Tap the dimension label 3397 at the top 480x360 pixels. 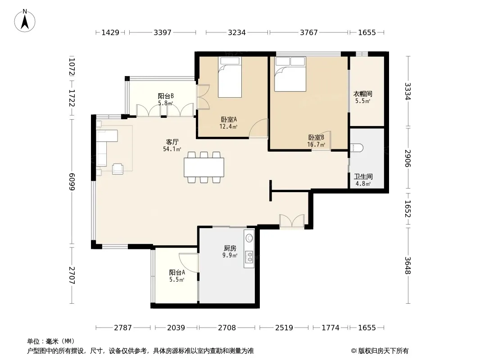tap(162, 32)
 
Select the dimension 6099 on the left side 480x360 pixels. tap(72, 182)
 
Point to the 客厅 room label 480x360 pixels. tap(172, 142)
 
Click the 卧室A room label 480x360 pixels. tap(229, 120)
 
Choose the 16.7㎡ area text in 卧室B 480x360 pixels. tap(316, 144)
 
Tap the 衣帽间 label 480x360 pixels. tap(363, 94)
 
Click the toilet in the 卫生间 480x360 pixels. tap(356, 148)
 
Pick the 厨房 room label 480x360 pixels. tap(230, 248)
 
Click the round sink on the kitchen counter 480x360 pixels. tap(249, 238)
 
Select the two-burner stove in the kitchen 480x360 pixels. tap(249, 257)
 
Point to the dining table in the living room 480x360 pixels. tap(204, 167)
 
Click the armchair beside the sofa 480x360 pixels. tap(118, 169)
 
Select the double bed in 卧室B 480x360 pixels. tap(290, 74)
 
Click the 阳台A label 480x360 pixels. tap(177, 272)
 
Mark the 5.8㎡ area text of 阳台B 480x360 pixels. tap(166, 103)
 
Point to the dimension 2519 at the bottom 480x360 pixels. tap(284, 328)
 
